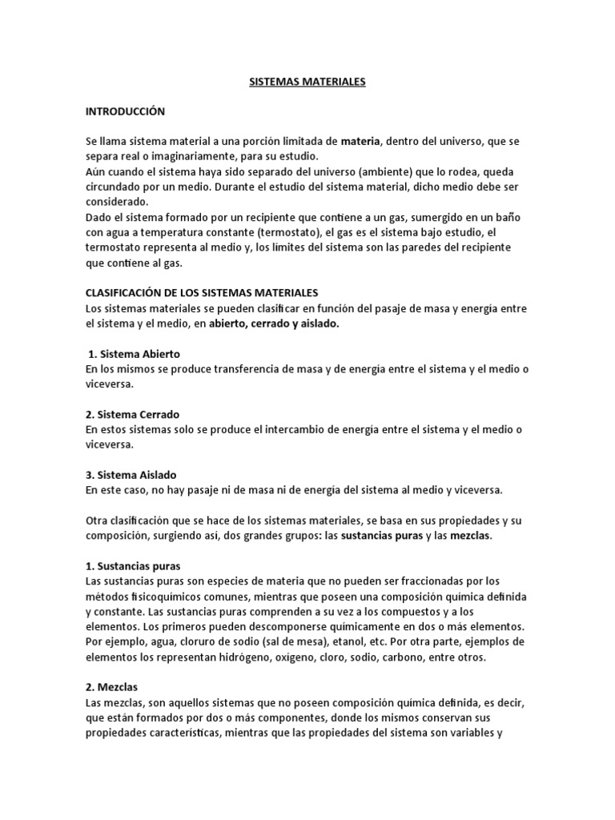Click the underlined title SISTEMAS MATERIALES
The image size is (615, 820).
click(307, 82)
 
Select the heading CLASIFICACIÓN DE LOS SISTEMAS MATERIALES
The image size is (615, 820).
click(202, 293)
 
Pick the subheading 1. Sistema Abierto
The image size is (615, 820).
click(135, 353)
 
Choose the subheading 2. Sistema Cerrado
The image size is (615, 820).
click(132, 414)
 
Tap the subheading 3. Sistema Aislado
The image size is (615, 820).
click(131, 475)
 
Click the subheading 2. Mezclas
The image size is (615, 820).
click(113, 686)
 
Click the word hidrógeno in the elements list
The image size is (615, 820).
click(236, 657)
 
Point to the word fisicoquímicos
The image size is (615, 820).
click(163, 596)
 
